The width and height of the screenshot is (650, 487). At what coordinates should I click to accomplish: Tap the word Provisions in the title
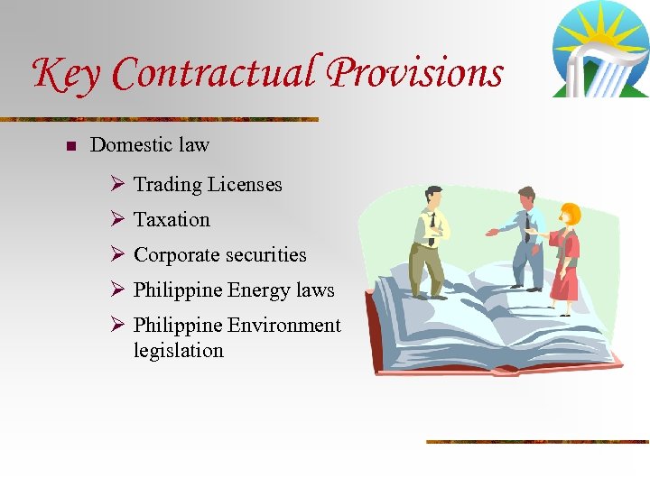[415, 74]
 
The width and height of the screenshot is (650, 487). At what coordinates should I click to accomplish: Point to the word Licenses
[245, 185]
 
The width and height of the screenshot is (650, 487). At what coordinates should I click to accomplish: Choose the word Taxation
[172, 220]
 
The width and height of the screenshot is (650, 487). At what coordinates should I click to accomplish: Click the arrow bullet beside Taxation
[116, 220]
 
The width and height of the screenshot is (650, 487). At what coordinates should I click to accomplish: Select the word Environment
[284, 326]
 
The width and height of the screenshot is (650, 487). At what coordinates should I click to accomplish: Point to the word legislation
[178, 350]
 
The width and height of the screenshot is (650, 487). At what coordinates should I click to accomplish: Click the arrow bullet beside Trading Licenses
[116, 185]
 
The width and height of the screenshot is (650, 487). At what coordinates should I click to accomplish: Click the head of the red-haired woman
[569, 215]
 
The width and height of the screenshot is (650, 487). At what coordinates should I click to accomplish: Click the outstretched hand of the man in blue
[492, 233]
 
